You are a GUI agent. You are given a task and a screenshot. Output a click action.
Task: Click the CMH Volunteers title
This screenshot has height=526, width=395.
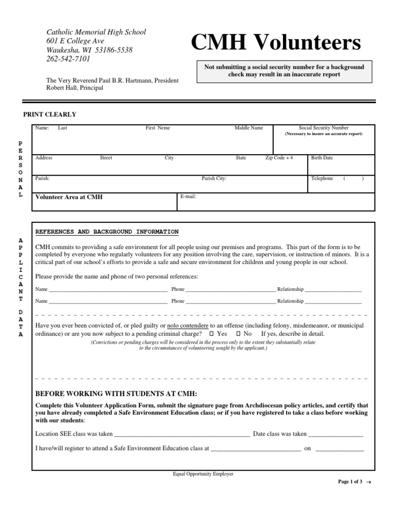(276, 44)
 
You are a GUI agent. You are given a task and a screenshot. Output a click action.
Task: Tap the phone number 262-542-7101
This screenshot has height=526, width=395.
(68, 59)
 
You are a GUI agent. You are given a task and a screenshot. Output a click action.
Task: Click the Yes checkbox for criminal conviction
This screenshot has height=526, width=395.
(212, 334)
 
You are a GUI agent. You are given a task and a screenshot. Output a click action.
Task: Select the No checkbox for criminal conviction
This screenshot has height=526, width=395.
(238, 334)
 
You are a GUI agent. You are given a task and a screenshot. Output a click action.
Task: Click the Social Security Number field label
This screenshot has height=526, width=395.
(324, 128)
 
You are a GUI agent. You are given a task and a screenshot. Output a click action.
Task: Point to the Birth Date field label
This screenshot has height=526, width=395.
(322, 158)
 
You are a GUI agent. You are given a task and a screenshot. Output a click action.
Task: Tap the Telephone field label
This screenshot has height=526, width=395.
(322, 178)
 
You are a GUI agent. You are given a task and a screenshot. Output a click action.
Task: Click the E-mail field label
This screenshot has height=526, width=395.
(188, 196)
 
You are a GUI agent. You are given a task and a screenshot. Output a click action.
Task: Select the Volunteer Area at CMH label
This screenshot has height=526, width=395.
(69, 197)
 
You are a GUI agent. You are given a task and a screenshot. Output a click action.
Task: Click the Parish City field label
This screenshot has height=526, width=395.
(214, 179)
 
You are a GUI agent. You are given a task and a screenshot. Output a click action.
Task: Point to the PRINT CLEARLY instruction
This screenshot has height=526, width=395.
(50, 114)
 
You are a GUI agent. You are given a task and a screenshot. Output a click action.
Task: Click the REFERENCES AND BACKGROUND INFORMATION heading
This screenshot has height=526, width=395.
(107, 232)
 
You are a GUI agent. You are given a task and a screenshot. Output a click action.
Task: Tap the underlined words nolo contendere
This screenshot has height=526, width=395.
(188, 326)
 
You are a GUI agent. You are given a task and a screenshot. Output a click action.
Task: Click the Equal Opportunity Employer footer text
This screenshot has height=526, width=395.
(203, 474)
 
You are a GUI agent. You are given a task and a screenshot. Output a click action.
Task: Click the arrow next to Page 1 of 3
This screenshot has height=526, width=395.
(369, 482)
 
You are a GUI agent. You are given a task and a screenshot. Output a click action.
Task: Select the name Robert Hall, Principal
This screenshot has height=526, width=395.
(75, 88)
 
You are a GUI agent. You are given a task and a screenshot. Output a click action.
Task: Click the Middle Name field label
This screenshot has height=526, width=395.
(249, 128)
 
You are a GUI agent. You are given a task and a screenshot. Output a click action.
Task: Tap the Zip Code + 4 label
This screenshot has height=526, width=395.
(279, 158)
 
